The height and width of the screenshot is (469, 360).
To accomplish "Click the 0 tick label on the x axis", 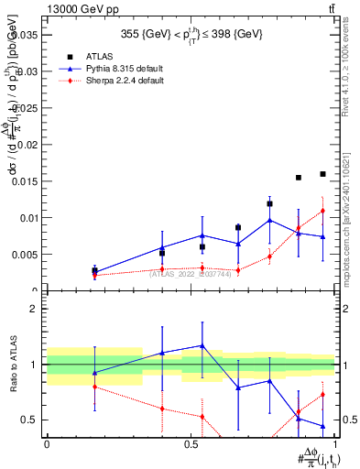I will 47,444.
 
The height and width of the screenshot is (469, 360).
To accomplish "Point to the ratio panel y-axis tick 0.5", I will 30,420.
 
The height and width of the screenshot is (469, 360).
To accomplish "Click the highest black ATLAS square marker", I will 322,174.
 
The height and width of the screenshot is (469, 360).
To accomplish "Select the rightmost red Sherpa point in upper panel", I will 322,211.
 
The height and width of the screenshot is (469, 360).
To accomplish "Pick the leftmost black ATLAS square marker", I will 94,270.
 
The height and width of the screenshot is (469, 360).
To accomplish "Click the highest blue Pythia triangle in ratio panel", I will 202,345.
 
